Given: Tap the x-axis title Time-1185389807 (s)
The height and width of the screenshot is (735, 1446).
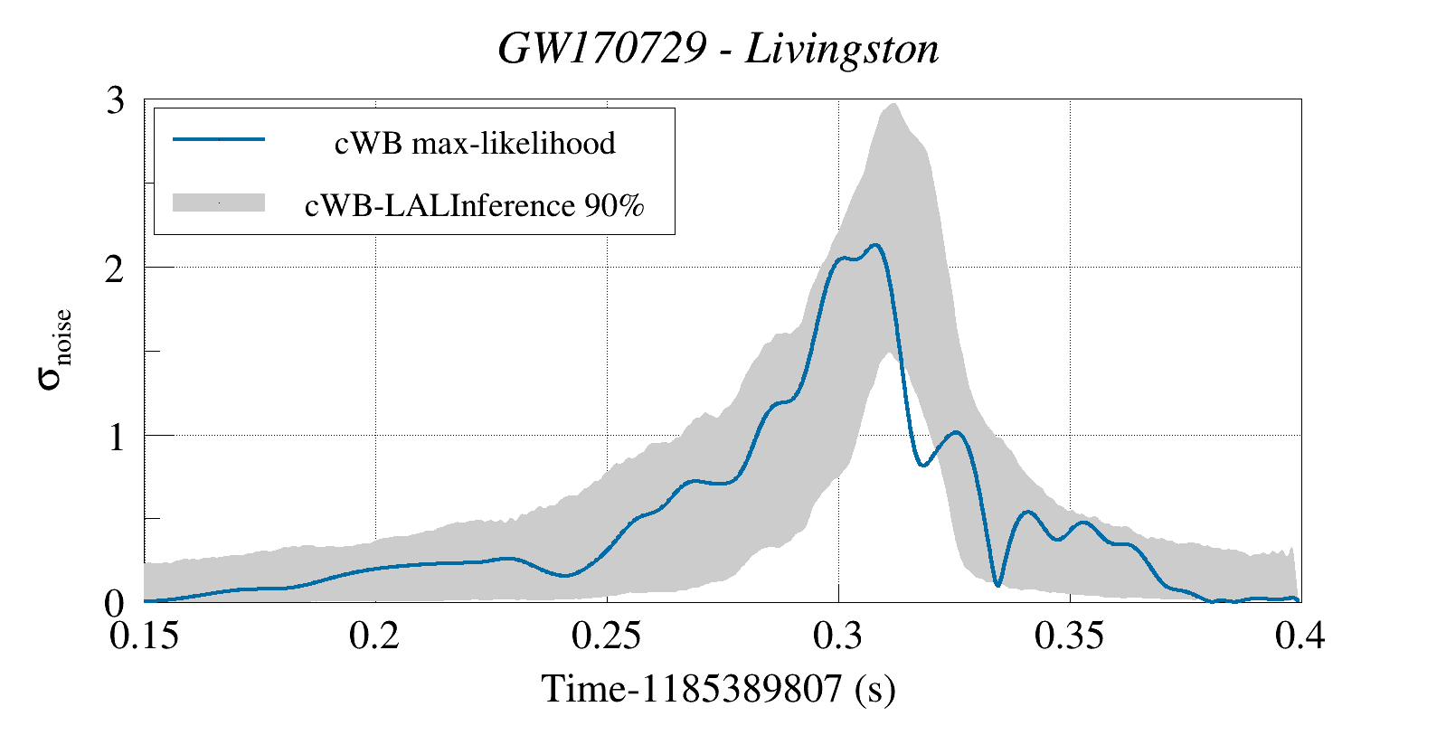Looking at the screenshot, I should (x=718, y=689).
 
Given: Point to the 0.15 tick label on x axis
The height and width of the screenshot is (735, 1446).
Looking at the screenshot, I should (x=144, y=636).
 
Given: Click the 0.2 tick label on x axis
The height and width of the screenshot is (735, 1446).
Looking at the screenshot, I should (x=375, y=636).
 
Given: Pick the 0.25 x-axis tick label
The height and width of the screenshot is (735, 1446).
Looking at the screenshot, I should (x=607, y=636).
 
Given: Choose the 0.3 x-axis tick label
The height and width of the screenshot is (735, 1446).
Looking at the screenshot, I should (x=838, y=636).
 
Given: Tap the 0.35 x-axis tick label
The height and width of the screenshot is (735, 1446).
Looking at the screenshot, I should (x=1070, y=636).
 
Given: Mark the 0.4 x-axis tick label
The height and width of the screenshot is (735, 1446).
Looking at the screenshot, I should (x=1300, y=636).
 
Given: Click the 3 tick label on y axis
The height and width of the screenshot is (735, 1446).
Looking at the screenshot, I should (x=115, y=101).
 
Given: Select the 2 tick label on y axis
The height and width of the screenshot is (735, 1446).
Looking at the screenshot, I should (x=115, y=269).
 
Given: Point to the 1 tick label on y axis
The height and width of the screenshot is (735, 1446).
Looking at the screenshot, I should (x=115, y=437).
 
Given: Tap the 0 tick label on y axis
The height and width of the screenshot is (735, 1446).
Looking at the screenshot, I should (x=115, y=603).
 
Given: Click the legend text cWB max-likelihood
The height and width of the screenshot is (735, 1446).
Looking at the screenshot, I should (x=475, y=143).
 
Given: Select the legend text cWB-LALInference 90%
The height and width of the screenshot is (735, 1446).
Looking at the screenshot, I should (x=475, y=205).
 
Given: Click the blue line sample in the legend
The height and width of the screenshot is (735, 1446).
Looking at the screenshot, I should (x=218, y=139).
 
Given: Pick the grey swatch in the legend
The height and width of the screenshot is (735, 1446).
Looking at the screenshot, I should (x=218, y=203).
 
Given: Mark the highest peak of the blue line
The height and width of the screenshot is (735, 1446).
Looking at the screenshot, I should (x=875, y=244).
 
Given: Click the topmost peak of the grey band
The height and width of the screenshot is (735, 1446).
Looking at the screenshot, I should (x=893, y=104).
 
